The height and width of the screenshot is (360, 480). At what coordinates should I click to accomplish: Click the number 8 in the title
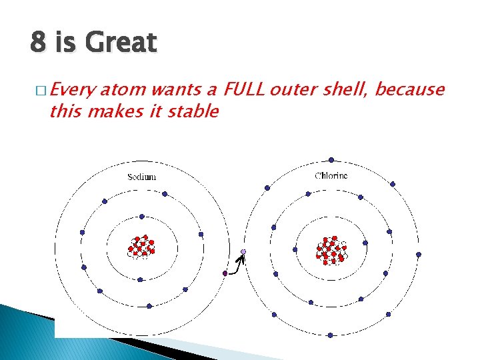[37, 43]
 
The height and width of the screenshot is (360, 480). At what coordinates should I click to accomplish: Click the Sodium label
[141, 177]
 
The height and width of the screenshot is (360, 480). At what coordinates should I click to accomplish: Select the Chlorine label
[331, 176]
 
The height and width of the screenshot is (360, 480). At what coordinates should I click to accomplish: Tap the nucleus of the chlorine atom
[331, 249]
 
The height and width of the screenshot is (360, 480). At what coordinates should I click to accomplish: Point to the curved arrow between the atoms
[237, 264]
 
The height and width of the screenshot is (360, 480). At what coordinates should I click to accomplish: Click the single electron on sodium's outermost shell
[225, 273]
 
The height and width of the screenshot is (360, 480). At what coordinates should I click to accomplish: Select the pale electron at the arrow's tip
[243, 251]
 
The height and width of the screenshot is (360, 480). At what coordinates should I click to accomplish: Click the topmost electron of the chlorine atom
[331, 160]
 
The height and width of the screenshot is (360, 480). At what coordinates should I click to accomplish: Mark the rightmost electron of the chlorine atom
[419, 254]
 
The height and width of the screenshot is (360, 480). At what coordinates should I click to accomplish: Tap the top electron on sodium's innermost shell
[141, 216]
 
